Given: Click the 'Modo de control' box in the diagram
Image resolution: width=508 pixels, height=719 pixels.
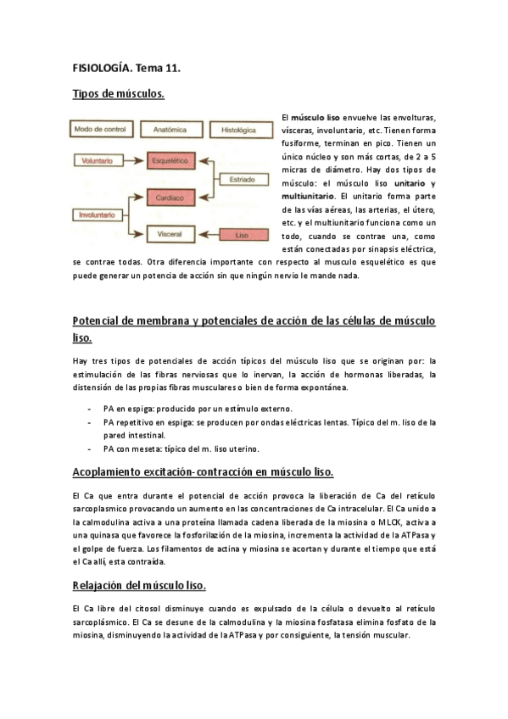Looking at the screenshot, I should (101, 130).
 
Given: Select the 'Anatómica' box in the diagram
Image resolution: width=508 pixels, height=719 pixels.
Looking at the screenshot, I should (170, 130).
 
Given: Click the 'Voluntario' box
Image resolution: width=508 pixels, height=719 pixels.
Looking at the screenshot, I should (98, 159).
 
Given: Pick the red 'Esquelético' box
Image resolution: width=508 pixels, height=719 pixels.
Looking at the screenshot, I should (170, 159).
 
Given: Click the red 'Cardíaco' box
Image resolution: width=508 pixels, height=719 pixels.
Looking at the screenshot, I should (170, 198).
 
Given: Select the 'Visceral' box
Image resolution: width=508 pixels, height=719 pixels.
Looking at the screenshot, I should (170, 234).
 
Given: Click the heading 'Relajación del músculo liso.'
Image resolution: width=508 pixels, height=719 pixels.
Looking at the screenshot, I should (140, 586).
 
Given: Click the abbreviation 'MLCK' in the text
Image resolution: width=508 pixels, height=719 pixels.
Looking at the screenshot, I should (367, 520).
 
